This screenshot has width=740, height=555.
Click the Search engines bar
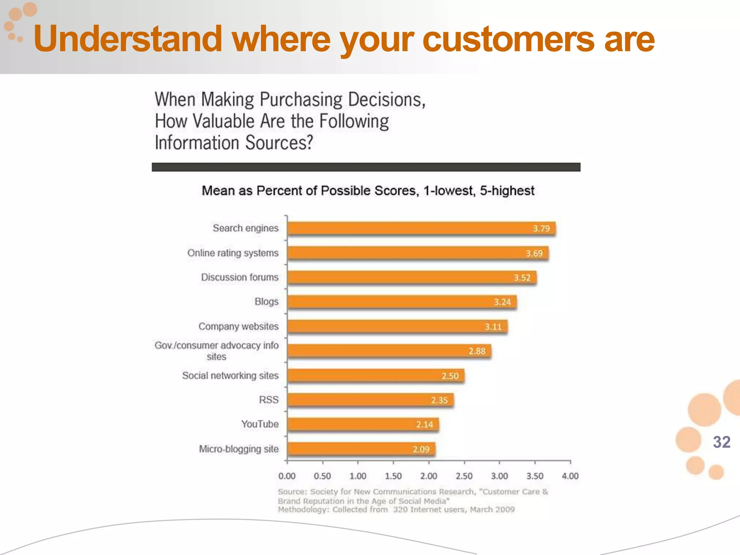click(421, 228)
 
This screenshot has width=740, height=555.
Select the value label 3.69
click(534, 253)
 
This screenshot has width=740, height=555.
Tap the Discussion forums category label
click(240, 277)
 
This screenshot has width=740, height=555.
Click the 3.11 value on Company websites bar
click(493, 327)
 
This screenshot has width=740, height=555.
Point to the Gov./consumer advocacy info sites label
click(216, 350)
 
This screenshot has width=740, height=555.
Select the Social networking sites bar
click(376, 376)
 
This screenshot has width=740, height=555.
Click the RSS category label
click(268, 400)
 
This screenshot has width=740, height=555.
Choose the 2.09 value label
click(421, 449)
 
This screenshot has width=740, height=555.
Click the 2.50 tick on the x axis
click(464, 476)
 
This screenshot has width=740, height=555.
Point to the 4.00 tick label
click(570, 476)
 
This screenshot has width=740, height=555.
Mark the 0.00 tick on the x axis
click(287, 476)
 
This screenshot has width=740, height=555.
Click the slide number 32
click(722, 442)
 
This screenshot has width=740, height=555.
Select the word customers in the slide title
click(508, 39)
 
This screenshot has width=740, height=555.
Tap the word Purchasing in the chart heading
click(301, 100)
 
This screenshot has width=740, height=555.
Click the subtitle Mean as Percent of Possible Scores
click(367, 190)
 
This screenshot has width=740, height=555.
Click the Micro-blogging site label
click(238, 449)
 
